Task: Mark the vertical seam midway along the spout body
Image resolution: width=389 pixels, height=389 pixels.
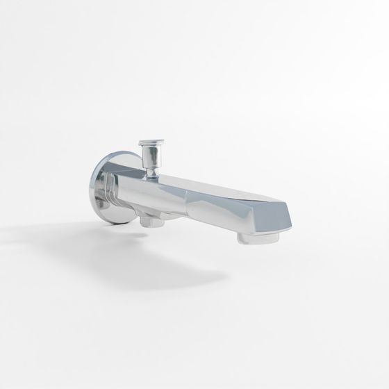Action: point(188,201)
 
